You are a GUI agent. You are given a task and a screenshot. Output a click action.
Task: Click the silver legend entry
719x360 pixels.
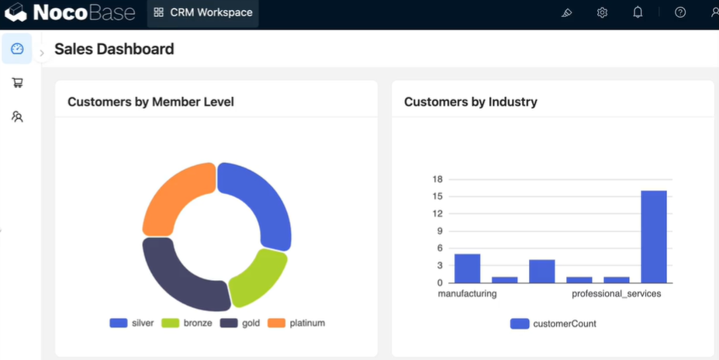coord(132,323)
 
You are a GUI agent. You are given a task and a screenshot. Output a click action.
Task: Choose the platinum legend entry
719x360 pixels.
coord(296,323)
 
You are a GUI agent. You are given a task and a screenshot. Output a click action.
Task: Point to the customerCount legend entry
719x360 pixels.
coord(553,324)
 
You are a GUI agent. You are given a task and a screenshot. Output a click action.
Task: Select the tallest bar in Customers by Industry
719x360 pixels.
coord(653,237)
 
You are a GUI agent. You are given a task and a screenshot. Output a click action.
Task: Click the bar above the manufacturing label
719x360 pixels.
coord(467,268)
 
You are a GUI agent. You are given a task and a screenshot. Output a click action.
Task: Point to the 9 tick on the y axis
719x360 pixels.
coord(439,231)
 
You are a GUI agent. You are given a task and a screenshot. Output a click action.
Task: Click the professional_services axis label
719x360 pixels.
coord(617,293)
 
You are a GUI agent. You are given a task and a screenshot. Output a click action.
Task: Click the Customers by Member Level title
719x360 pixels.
coord(151,102)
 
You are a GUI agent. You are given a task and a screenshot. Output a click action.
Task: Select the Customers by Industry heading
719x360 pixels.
coord(471,102)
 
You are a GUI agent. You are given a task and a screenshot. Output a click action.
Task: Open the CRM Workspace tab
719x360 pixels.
coord(202,12)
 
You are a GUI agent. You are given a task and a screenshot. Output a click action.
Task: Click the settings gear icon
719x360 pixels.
coord(602,13)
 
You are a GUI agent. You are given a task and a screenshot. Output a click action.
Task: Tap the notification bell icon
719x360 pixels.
coord(638,12)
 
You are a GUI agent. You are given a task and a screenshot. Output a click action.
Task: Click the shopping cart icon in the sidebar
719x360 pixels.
coord(17,82)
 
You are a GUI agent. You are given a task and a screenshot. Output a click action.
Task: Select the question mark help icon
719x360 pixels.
coord(680,12)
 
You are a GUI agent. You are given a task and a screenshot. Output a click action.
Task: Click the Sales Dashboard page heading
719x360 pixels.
coord(114,49)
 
